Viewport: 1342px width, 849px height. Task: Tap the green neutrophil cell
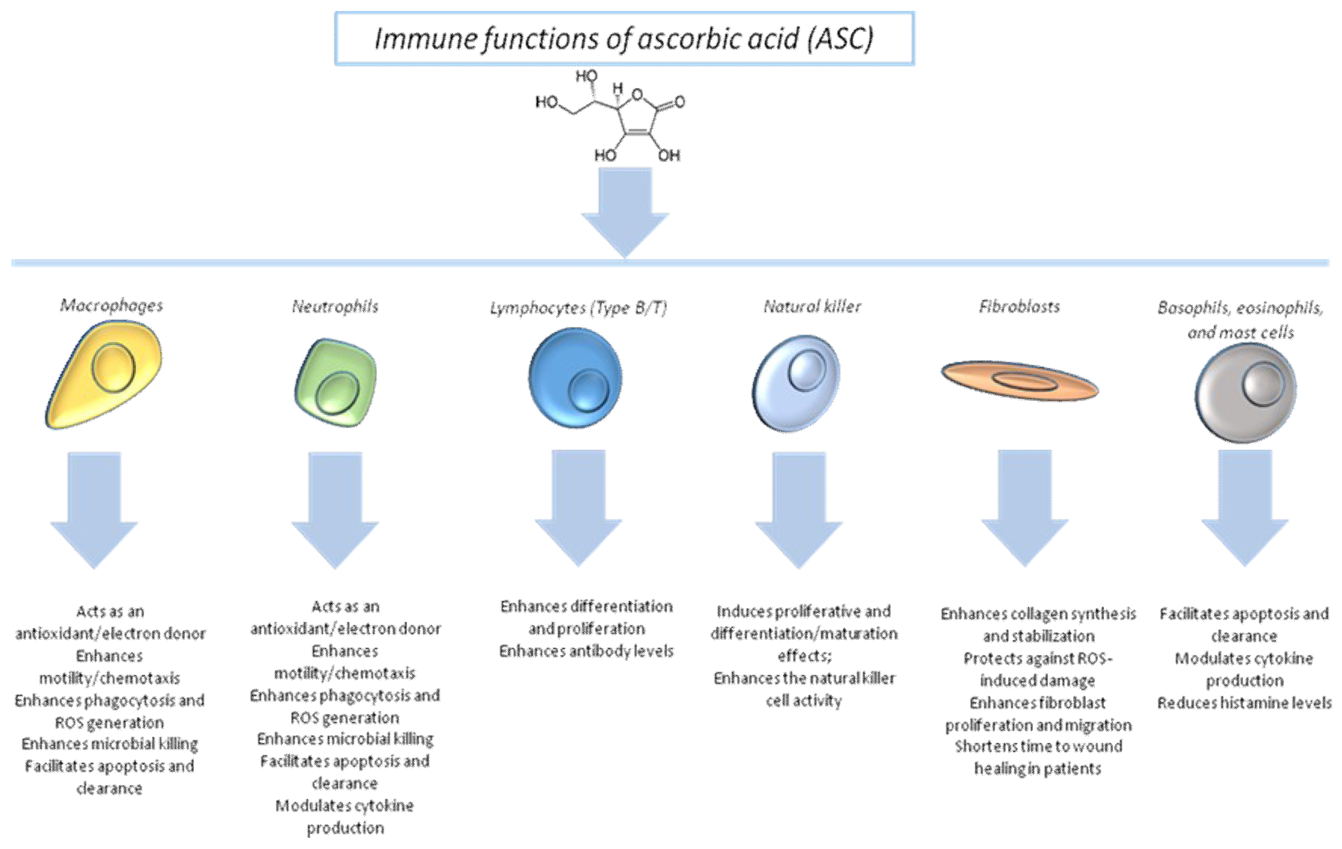coord(336,384)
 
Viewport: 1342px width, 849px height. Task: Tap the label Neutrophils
coord(335,306)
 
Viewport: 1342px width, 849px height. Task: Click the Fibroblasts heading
coord(1019,306)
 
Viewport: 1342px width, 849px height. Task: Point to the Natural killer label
coord(812,306)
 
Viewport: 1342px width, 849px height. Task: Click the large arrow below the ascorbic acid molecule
coord(625,212)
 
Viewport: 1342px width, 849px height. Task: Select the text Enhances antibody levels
coord(586,651)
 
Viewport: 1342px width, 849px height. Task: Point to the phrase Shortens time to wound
coord(1038,746)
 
